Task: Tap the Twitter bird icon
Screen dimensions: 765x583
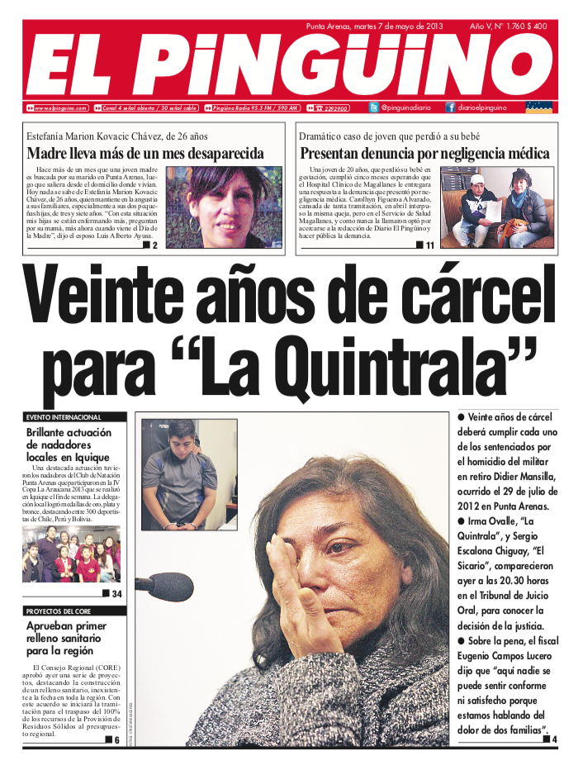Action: pyautogui.click(x=374, y=107)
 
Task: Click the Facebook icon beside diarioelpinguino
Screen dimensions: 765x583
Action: pyautogui.click(x=450, y=107)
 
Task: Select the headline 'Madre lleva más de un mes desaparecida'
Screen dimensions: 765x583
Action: pyautogui.click(x=145, y=154)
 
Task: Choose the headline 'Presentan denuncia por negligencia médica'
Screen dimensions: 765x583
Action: pyautogui.click(x=424, y=154)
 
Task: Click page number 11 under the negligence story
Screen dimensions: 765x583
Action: pyautogui.click(x=429, y=245)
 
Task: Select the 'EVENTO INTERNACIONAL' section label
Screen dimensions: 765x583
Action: pyautogui.click(x=64, y=417)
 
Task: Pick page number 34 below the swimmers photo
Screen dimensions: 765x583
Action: pyautogui.click(x=116, y=594)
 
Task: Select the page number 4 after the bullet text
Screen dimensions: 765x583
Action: pyautogui.click(x=554, y=739)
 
